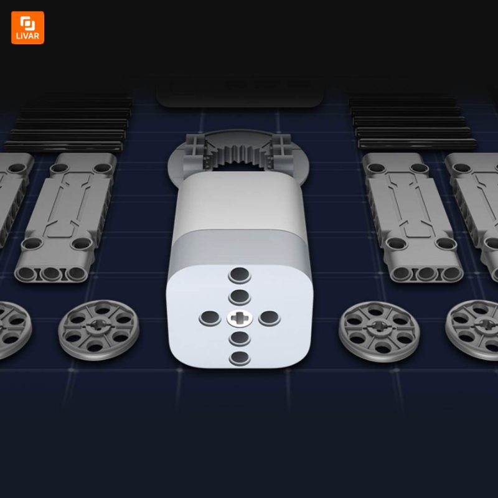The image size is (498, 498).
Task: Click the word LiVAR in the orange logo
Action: [x=27, y=36]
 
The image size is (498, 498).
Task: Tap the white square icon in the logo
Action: [x=27, y=23]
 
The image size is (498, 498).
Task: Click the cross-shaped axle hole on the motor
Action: [x=240, y=318]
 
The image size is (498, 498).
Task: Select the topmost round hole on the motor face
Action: [x=240, y=275]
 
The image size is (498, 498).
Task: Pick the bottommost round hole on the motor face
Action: [x=240, y=359]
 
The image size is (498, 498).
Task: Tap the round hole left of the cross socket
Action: [x=210, y=318]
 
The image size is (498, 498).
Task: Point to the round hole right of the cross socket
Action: [x=270, y=318]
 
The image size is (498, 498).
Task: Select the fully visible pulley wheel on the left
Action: [x=98, y=330]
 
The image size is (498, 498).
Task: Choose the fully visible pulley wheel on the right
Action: [x=379, y=331]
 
